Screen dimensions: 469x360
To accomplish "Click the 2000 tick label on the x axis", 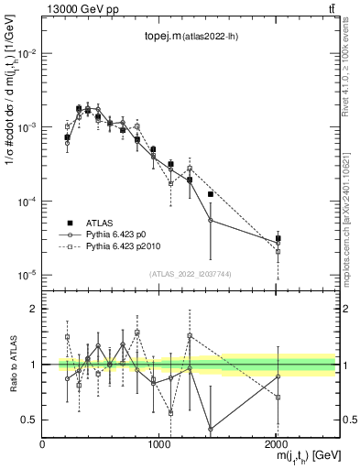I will [x=278, y=443].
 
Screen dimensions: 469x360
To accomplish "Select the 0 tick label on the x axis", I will [x=43, y=443].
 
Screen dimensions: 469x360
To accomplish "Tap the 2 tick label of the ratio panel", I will [x=33, y=309].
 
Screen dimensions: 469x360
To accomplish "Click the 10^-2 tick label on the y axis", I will [x=25, y=53].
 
